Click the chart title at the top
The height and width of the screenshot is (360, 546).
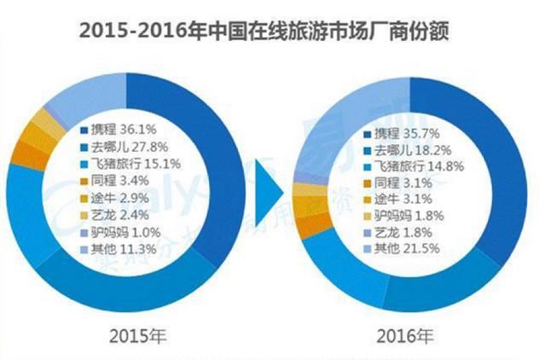coord(273,32)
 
